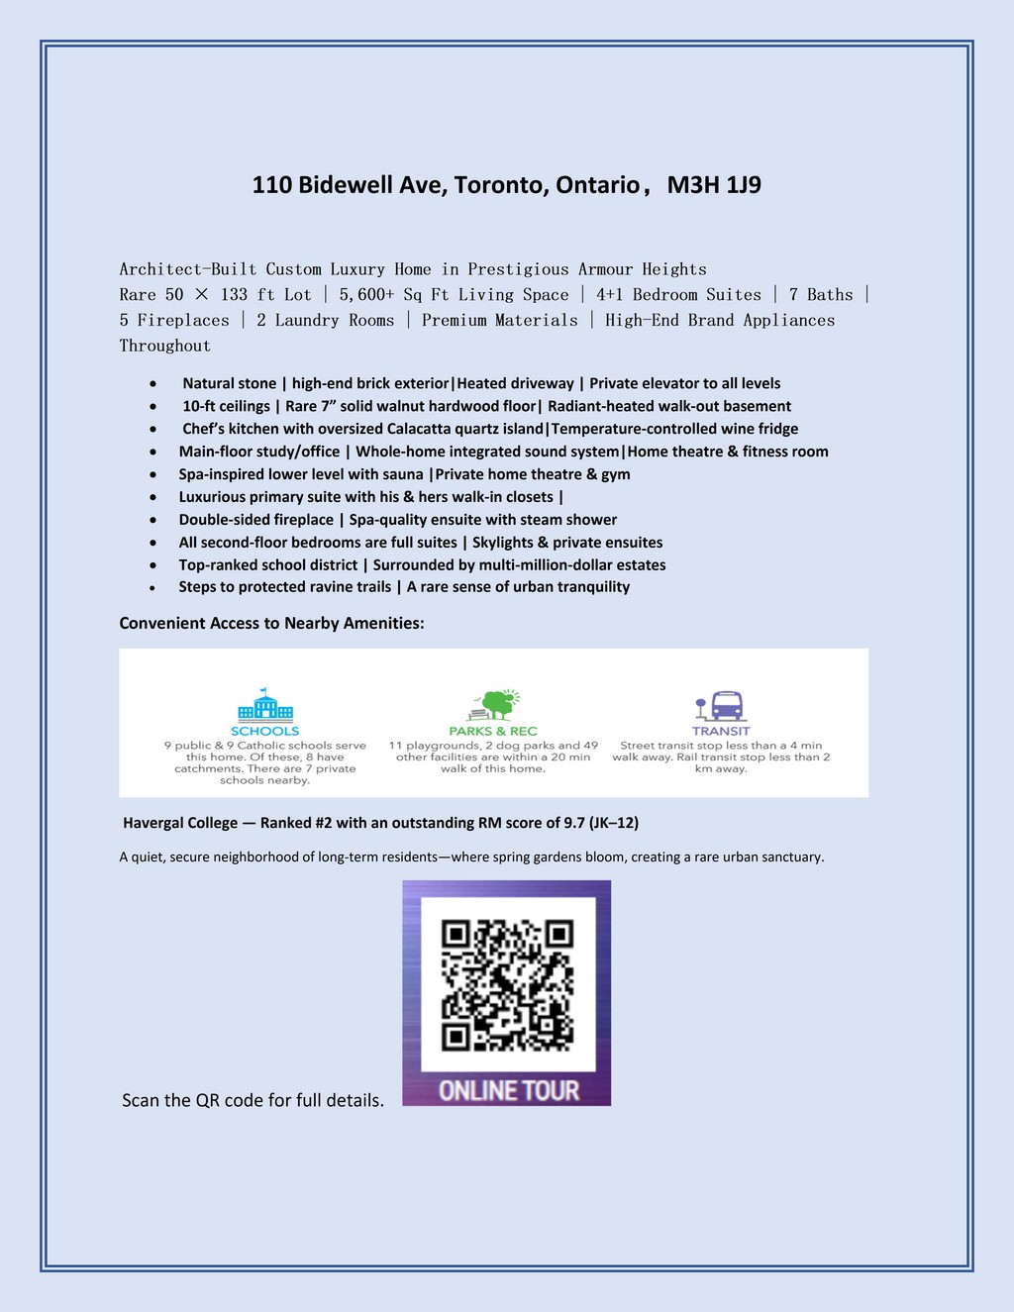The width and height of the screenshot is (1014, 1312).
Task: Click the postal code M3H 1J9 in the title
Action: [714, 185]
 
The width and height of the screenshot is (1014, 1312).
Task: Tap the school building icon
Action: [264, 705]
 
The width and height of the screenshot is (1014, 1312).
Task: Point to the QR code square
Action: [507, 986]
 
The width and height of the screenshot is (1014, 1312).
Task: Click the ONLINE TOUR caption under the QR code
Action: [508, 1090]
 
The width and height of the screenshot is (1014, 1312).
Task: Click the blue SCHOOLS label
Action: [264, 731]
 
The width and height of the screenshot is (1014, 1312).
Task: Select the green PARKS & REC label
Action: [493, 731]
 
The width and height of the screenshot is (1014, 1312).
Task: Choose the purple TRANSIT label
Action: [721, 731]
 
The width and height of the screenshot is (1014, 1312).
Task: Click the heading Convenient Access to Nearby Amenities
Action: [271, 623]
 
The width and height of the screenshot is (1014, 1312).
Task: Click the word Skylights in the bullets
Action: [503, 543]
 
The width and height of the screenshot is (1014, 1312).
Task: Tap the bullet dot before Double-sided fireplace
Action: [152, 521]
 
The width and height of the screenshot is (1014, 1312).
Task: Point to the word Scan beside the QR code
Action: [144, 1100]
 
